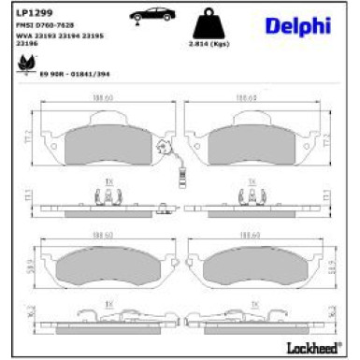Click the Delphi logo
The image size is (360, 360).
pos(305,29)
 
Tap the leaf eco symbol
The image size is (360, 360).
pos(23,64)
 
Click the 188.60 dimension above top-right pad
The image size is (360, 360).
pos(246,96)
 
